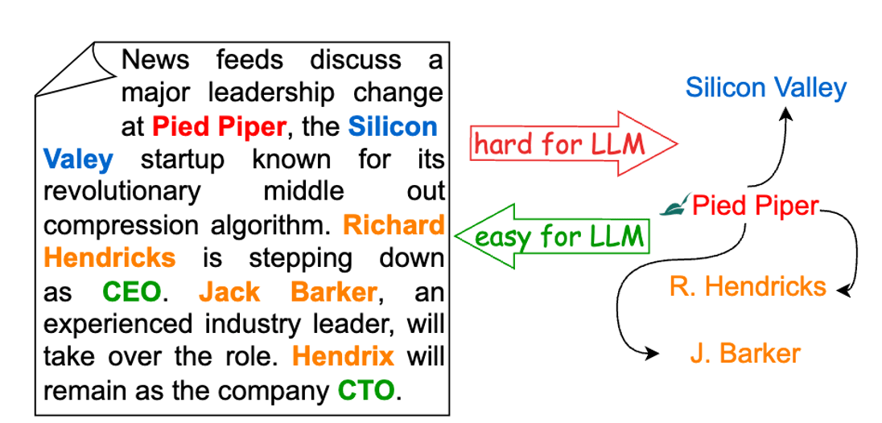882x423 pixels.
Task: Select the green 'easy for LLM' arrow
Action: [558, 236]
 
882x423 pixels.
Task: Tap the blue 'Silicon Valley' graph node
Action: [765, 88]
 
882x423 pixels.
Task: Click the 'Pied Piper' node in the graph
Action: [754, 206]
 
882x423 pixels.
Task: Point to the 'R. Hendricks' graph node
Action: [748, 286]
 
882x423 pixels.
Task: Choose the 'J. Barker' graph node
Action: [744, 353]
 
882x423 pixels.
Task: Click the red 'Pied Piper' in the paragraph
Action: [219, 126]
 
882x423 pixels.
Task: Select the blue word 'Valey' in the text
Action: [78, 159]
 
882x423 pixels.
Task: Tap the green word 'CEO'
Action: [132, 291]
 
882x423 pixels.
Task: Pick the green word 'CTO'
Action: [366, 391]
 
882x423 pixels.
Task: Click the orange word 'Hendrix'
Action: [343, 356]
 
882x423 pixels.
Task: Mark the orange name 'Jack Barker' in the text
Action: [287, 291]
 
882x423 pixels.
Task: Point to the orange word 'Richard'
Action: [394, 225]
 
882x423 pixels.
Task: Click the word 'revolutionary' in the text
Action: [122, 192]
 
